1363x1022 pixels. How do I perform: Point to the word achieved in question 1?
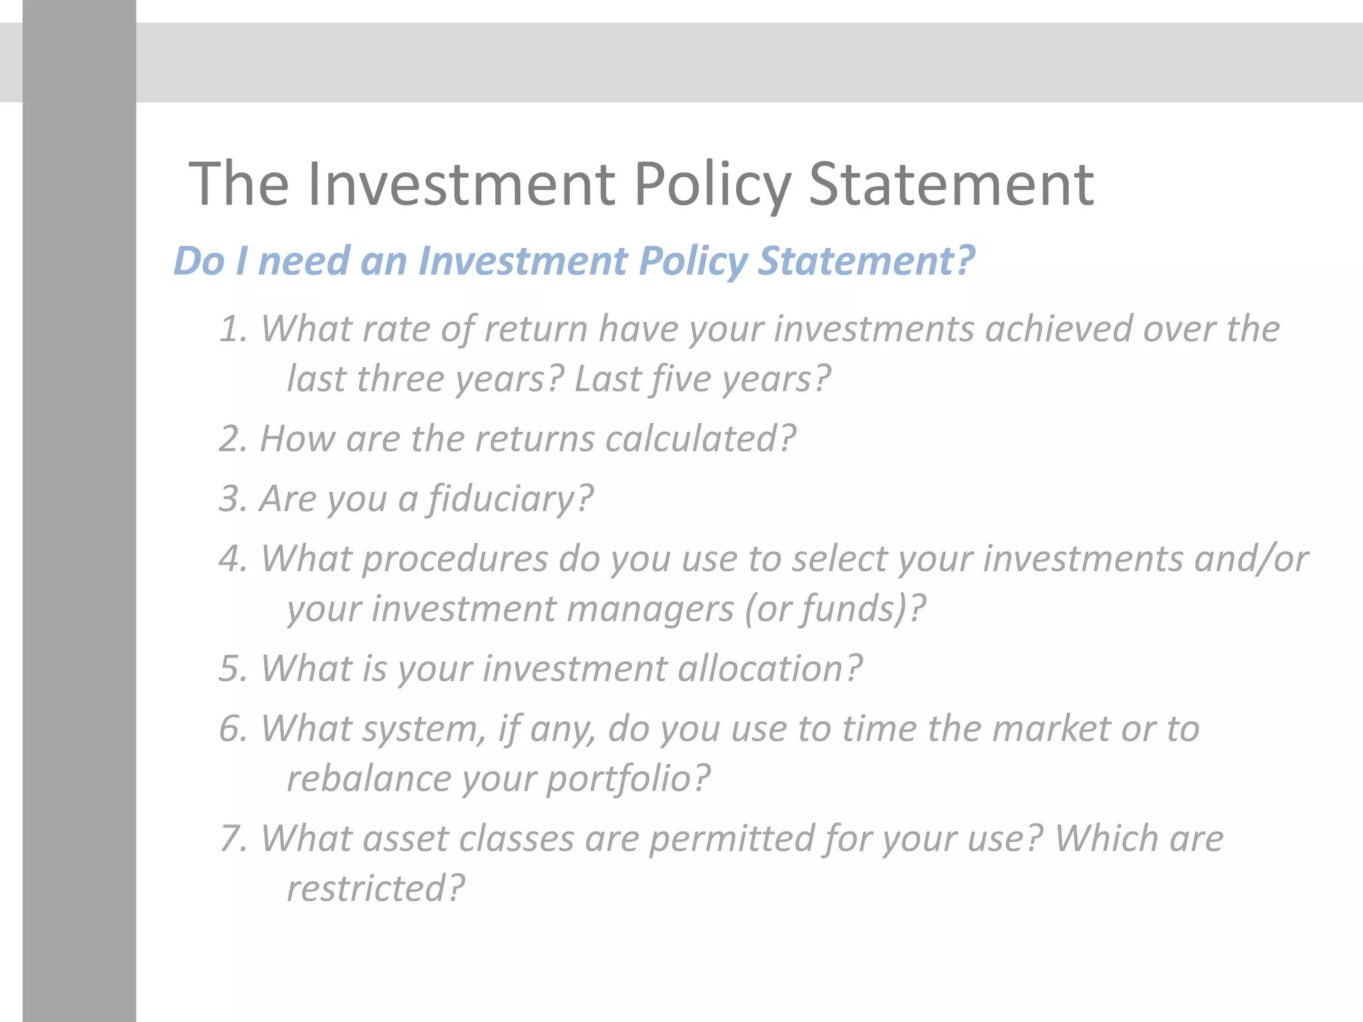coord(1058,329)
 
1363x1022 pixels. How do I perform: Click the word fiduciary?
coord(509,499)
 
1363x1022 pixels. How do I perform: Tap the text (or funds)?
coord(835,609)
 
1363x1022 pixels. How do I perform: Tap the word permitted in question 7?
coord(731,838)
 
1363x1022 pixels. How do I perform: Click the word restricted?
coord(375,888)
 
